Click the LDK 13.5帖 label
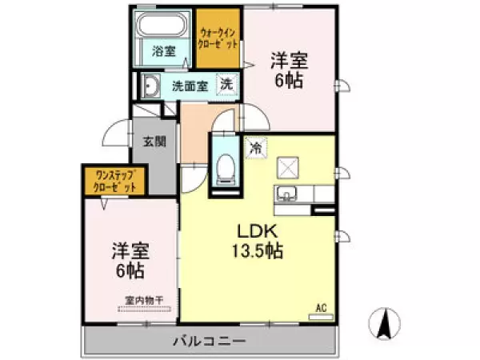click(x=256, y=240)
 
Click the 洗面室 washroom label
click(x=190, y=86)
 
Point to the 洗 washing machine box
click(x=228, y=84)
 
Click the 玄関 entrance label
click(x=154, y=142)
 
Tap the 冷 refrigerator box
click(x=256, y=147)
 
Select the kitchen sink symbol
click(x=286, y=194)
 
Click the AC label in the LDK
click(x=322, y=307)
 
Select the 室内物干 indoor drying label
click(x=144, y=300)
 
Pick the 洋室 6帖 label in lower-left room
click(x=128, y=260)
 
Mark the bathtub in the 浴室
click(x=163, y=24)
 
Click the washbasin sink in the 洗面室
click(x=149, y=85)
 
